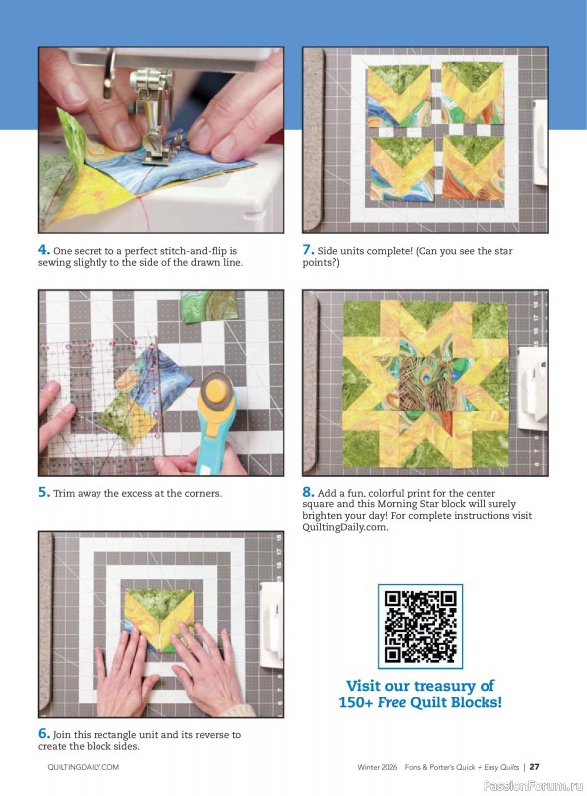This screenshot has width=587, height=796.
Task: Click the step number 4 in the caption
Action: (43, 250)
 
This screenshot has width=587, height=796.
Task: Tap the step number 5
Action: (43, 492)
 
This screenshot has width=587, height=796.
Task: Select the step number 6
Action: (43, 734)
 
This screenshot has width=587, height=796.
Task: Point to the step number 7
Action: (308, 250)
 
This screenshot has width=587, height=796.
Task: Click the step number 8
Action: (308, 492)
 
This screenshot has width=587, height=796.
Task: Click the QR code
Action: (420, 626)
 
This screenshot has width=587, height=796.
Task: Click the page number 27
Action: (534, 767)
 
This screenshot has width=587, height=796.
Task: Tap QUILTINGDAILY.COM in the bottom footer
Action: (84, 767)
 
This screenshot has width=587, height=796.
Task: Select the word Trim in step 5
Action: (66, 493)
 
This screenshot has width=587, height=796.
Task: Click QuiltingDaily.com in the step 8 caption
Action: (346, 527)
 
